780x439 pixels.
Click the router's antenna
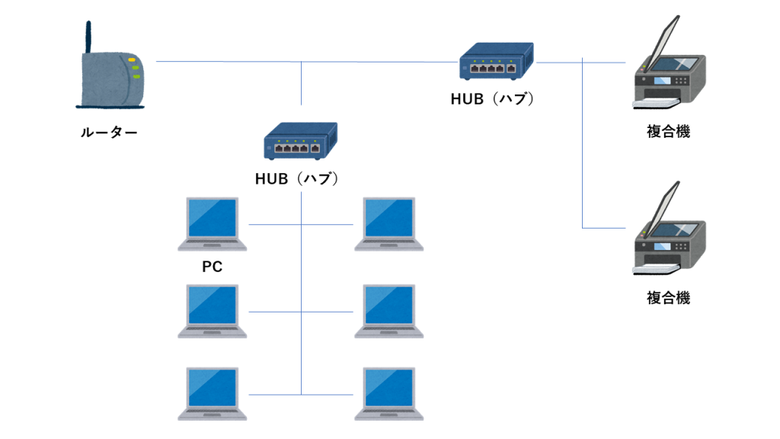(x=88, y=38)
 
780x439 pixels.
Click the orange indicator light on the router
(x=133, y=60)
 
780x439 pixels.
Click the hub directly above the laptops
(x=300, y=142)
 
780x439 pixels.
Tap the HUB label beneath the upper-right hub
(x=493, y=98)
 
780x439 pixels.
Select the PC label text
(x=213, y=268)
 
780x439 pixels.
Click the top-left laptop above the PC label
(x=213, y=223)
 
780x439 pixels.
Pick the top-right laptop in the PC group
(x=389, y=223)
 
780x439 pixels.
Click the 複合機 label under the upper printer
(x=668, y=132)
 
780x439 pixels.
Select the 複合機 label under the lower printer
(x=668, y=298)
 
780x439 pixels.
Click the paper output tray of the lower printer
(x=656, y=268)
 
